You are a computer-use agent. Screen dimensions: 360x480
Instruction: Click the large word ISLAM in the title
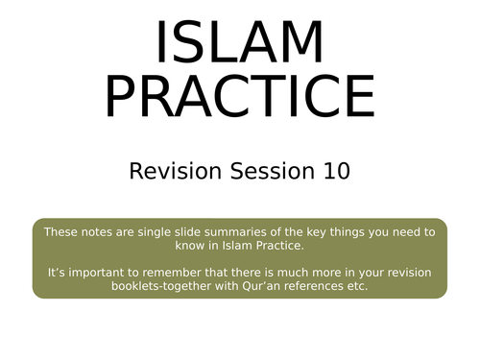239,43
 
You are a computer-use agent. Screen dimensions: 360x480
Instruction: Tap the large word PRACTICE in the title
239,96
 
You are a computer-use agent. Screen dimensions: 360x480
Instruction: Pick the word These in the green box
63,232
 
